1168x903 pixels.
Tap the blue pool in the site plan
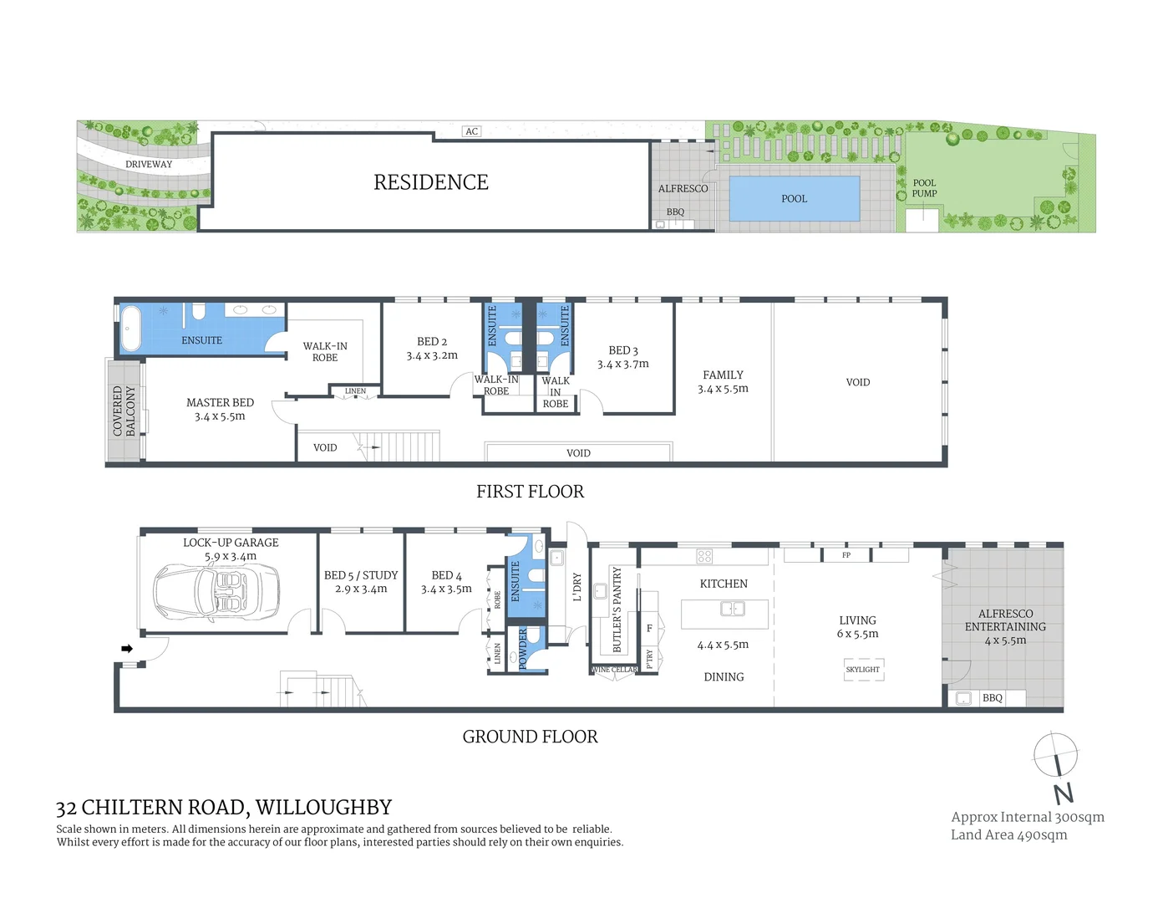pyautogui.click(x=794, y=198)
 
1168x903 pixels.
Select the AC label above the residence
pyautogui.click(x=472, y=131)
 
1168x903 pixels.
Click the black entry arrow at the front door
pyautogui.click(x=127, y=648)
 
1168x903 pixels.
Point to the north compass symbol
pyautogui.click(x=1056, y=756)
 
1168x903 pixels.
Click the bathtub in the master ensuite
pyautogui.click(x=131, y=329)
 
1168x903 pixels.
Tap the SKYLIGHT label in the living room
pyautogui.click(x=862, y=670)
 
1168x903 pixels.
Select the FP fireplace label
pyautogui.click(x=846, y=555)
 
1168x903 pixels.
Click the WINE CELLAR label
pyautogui.click(x=614, y=670)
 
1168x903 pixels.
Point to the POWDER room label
pyautogui.click(x=524, y=649)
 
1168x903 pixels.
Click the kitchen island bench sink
pyautogui.click(x=732, y=609)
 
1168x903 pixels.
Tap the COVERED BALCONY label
pyautogui.click(x=124, y=411)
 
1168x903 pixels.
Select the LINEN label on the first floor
pyautogui.click(x=355, y=391)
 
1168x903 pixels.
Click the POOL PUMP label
pyautogui.click(x=924, y=188)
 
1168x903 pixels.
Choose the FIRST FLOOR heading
pyautogui.click(x=530, y=492)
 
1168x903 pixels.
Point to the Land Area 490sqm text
pyautogui.click(x=1008, y=834)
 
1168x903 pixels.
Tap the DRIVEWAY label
pyautogui.click(x=149, y=164)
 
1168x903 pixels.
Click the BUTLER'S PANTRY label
pyautogui.click(x=617, y=610)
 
